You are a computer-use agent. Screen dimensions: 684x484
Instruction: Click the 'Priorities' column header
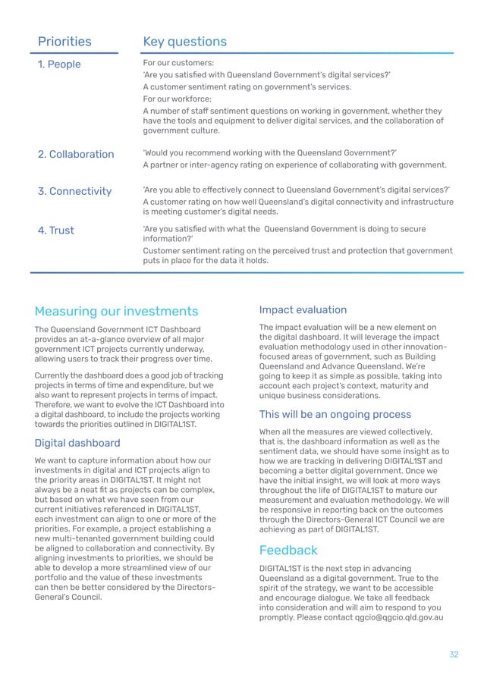[64, 42]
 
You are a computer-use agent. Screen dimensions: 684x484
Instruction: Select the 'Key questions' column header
[185, 42]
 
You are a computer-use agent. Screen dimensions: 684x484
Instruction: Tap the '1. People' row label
[59, 64]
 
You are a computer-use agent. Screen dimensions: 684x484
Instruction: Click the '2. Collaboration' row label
[76, 154]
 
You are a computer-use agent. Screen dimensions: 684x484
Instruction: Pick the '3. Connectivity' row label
[74, 191]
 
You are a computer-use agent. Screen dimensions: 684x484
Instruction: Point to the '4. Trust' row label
[56, 230]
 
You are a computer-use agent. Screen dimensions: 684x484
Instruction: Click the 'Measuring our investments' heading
[116, 311]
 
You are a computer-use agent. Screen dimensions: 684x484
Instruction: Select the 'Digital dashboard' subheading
[77, 443]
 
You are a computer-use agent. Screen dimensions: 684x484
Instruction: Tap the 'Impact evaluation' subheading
[303, 309]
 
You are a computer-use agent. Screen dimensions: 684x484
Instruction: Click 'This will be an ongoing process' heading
[335, 414]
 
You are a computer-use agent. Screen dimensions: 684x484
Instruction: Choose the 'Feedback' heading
[288, 550]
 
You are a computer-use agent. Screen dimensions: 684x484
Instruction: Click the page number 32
[454, 654]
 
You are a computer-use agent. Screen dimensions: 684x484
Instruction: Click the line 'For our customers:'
[178, 62]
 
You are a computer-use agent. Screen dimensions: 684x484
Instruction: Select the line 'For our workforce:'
[179, 99]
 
